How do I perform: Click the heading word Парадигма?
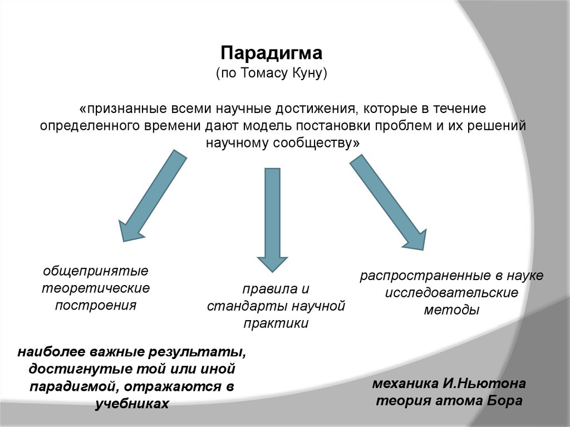[271, 54]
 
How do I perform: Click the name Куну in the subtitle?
[307, 73]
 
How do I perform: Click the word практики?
[276, 323]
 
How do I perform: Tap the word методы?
[451, 310]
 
